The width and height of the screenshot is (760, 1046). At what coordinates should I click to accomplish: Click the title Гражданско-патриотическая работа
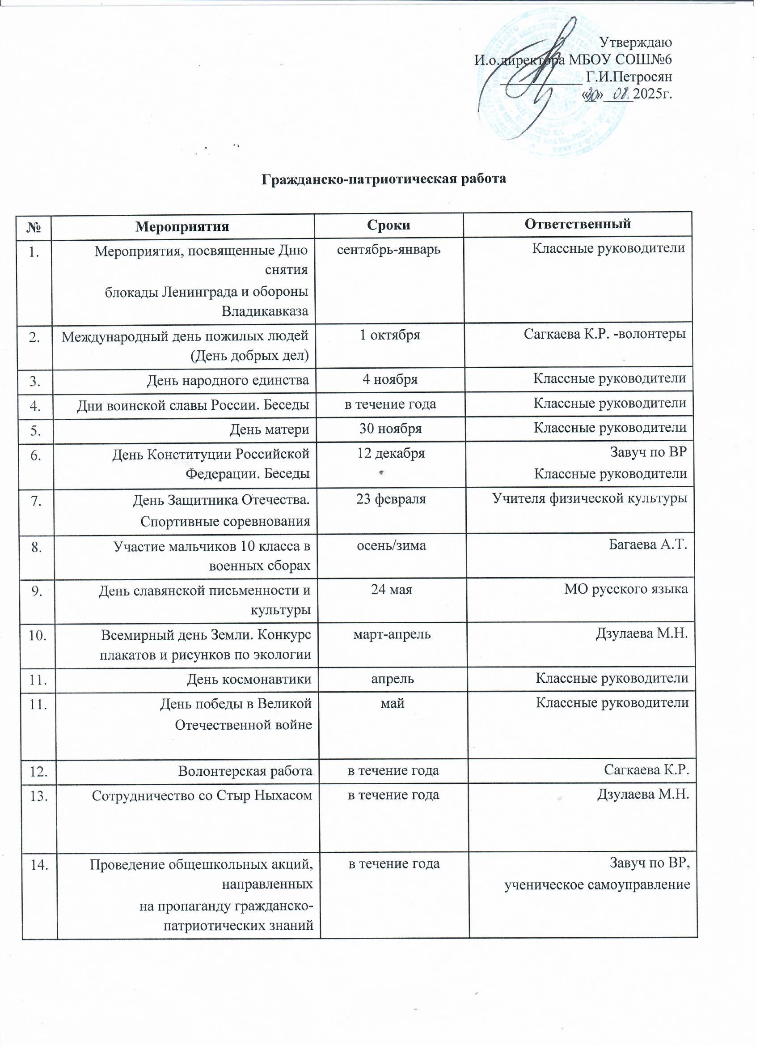pos(384,179)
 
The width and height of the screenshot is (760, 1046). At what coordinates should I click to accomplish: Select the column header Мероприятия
pos(182,226)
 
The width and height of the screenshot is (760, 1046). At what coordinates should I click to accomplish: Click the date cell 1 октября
pos(390,335)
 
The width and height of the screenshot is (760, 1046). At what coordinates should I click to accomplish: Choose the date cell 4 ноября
pos(390,379)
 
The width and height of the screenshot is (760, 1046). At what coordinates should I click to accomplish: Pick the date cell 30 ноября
pos(390,429)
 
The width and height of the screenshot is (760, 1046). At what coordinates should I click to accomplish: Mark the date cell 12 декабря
pos(391,453)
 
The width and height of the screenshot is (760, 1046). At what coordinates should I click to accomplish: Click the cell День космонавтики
pos(249,679)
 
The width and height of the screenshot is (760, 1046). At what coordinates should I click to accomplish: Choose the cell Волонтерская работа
pos(245,771)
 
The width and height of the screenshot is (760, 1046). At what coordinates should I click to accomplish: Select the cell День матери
pos(270,429)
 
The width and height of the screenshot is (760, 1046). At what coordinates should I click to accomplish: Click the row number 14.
pos(40,865)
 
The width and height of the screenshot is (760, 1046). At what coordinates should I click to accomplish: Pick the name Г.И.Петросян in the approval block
pos(629,77)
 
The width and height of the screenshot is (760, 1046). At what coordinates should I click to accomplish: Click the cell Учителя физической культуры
pos(590,498)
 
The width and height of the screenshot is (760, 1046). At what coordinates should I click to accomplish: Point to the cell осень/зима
pos(391,546)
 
